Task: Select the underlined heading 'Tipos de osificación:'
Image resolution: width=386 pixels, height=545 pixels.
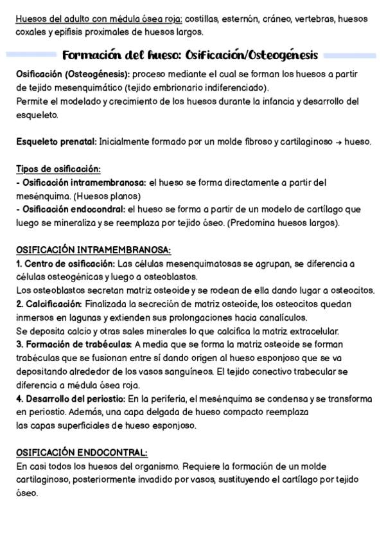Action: pos(58,169)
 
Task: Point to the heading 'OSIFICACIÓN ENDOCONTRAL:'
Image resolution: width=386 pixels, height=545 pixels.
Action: pos(82,452)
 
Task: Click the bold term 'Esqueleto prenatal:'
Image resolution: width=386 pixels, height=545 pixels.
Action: pos(57,141)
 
